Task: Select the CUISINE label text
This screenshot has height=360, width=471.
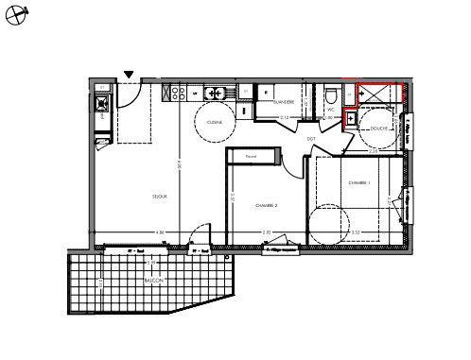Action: tap(215, 122)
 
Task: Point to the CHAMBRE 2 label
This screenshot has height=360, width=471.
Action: tap(267, 204)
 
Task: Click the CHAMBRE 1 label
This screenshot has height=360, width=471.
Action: tap(358, 182)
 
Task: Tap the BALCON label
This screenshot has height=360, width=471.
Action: tap(153, 282)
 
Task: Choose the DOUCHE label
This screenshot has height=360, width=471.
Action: tap(379, 129)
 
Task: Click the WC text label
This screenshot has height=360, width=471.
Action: tap(332, 110)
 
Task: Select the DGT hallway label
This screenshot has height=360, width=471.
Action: tap(311, 139)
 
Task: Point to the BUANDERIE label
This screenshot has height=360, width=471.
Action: tap(284, 101)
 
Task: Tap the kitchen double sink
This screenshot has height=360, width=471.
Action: tap(175, 93)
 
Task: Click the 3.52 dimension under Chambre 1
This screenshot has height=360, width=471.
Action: tap(356, 232)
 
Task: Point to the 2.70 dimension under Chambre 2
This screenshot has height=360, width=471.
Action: tap(266, 232)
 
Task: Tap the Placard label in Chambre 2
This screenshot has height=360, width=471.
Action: tap(251, 156)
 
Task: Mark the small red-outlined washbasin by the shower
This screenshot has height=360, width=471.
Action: tap(351, 119)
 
